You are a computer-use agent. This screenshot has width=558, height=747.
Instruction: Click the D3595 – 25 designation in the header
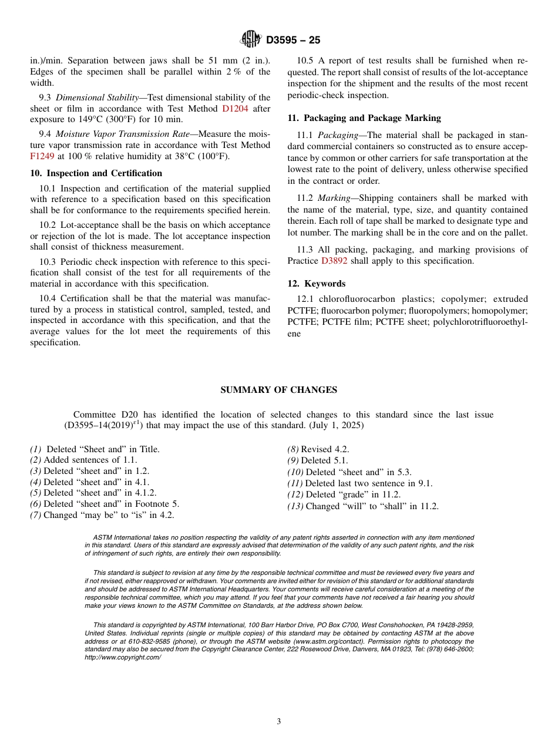[x=293, y=41]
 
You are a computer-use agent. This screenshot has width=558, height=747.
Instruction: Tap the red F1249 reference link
[x=42, y=156]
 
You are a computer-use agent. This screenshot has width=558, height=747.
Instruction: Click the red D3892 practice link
[x=334, y=261]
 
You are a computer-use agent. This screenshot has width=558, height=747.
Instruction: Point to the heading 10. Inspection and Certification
[x=96, y=173]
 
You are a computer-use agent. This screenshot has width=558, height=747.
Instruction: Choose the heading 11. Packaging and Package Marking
[x=364, y=118]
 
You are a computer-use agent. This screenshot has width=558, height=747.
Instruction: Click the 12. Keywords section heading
[x=317, y=284]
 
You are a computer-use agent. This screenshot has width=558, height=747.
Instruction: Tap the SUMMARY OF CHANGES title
[x=278, y=390]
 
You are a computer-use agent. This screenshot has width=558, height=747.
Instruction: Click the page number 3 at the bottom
[x=279, y=722]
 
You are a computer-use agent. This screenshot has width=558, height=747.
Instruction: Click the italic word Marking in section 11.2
[x=334, y=198]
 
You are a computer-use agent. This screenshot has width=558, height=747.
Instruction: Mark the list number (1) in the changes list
[x=36, y=449]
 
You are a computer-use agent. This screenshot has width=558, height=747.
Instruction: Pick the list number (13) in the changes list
[x=295, y=506]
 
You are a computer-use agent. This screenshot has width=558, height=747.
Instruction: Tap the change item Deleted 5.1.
[x=324, y=460]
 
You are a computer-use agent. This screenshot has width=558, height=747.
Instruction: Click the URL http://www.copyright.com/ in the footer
[x=123, y=658]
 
